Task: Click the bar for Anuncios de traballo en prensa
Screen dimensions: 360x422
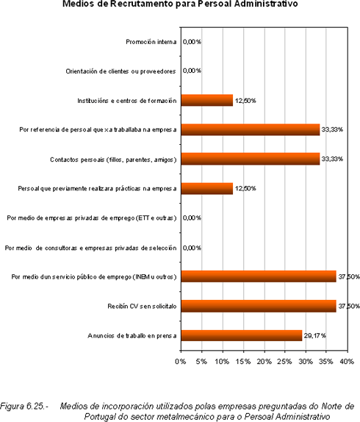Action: pyautogui.click(x=242, y=335)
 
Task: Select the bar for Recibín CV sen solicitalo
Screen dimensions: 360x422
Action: pyautogui.click(x=259, y=306)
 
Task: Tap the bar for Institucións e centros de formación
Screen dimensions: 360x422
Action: pyautogui.click(x=206, y=100)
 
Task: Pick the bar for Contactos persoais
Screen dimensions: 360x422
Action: pyautogui.click(x=251, y=159)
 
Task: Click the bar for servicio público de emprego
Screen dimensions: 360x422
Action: pyautogui.click(x=259, y=276)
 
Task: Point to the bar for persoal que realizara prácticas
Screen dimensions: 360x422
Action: pyautogui.click(x=206, y=188)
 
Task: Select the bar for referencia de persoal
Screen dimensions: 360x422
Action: pyautogui.click(x=251, y=129)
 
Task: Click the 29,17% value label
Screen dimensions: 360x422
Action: pyautogui.click(x=315, y=335)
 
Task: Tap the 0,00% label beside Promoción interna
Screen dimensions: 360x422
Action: pyautogui.click(x=192, y=42)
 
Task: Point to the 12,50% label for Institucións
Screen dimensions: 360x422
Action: pyautogui.click(x=245, y=101)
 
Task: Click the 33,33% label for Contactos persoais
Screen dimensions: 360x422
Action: pyautogui.click(x=332, y=159)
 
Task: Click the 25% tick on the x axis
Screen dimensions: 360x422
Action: pyautogui.click(x=284, y=362)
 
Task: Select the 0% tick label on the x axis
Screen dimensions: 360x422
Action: pyautogui.click(x=181, y=362)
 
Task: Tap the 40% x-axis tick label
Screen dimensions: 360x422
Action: pyautogui.click(x=347, y=362)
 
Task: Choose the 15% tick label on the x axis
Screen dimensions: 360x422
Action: pyautogui.click(x=243, y=362)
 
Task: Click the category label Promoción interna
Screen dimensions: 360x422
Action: pyautogui.click(x=151, y=42)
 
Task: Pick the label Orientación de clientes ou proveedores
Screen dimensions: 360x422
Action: pyautogui.click(x=120, y=71)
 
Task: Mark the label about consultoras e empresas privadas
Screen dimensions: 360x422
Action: pyautogui.click(x=90, y=248)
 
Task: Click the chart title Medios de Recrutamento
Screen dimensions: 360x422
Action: pyautogui.click(x=180, y=4)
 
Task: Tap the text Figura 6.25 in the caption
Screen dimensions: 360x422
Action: pyautogui.click(x=24, y=406)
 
